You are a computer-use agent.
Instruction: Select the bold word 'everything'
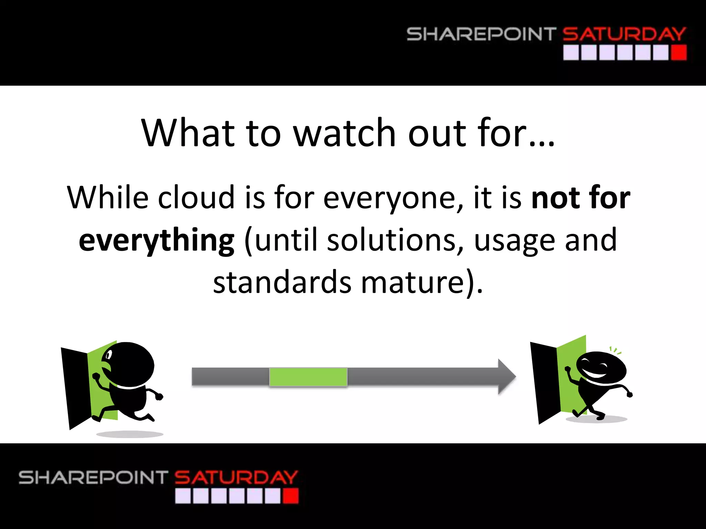(157, 240)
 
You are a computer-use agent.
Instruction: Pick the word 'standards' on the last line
(282, 282)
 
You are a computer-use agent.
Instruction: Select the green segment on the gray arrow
(308, 377)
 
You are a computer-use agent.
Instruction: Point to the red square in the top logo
(678, 53)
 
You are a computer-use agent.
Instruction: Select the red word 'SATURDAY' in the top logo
(624, 34)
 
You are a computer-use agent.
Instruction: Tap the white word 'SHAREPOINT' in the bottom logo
(93, 478)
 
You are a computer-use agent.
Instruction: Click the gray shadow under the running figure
(130, 434)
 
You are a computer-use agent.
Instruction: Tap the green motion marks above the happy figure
(615, 351)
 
